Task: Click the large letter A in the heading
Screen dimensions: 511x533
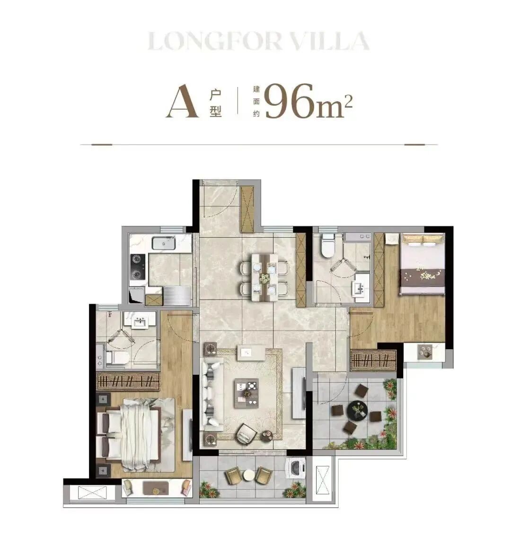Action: pyautogui.click(x=183, y=102)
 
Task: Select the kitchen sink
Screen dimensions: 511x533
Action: pyautogui.click(x=163, y=243)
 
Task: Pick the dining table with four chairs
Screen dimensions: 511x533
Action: pyautogui.click(x=264, y=277)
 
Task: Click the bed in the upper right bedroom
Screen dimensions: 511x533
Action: pyautogui.click(x=423, y=264)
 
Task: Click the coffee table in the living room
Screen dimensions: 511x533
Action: pyautogui.click(x=246, y=393)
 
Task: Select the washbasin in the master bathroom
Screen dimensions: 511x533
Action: pyautogui.click(x=140, y=322)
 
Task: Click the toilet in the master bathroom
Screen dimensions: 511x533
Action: pyautogui.click(x=117, y=358)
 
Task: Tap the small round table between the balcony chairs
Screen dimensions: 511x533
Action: pyautogui.click(x=248, y=475)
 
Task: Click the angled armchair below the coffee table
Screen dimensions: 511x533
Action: pyautogui.click(x=246, y=433)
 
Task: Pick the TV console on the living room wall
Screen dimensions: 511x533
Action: pyautogui.click(x=298, y=393)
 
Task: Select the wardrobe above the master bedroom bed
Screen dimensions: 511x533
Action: pyautogui.click(x=128, y=381)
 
